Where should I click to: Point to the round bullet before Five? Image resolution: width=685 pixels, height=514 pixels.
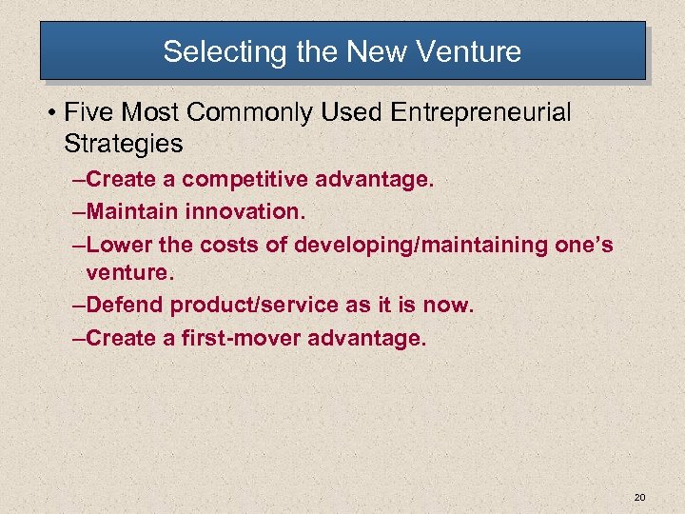(48, 113)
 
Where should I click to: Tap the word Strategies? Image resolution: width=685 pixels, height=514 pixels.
(123, 144)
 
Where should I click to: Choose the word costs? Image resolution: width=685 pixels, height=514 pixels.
(237, 245)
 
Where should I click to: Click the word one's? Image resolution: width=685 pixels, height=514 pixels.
(579, 245)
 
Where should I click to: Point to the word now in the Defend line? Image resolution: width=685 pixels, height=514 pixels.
(447, 306)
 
